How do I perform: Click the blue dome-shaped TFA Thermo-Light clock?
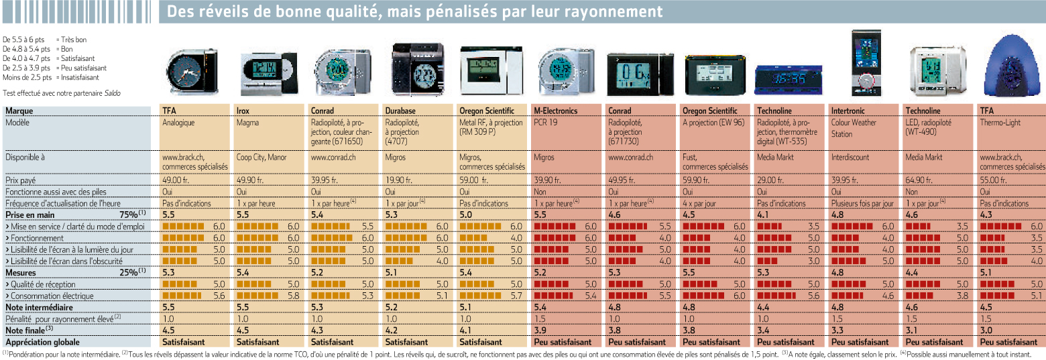coord(1012,66)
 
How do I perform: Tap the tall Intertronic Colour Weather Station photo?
coord(866,64)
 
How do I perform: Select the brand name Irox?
coord(243,111)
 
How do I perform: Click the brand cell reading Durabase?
coord(400,111)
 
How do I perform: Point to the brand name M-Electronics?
coord(556,111)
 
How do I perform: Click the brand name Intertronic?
coord(848,111)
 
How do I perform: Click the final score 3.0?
coord(986,330)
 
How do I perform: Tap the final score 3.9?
coord(540,330)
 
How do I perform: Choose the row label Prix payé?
coord(21,180)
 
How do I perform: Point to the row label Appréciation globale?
coord(42,343)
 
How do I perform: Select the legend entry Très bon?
coord(74,40)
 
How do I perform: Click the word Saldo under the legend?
coord(112,93)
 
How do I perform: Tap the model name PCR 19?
coord(545,123)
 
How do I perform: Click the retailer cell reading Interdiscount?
coord(850,158)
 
